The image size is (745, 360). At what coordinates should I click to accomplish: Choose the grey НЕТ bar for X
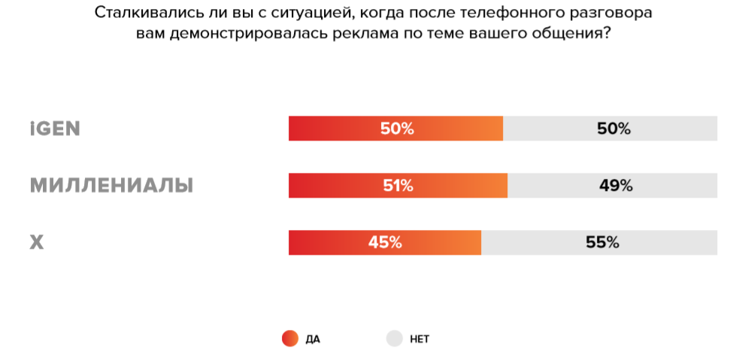point(662,243)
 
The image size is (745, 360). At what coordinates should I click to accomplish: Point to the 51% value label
point(398,186)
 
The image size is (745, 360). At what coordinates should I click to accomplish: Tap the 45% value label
point(385,243)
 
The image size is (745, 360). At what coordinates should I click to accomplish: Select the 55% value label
point(602,243)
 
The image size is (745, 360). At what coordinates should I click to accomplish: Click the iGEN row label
point(55,129)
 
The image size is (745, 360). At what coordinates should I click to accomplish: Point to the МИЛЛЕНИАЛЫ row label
point(111,186)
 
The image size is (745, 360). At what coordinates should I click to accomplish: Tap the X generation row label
point(37,243)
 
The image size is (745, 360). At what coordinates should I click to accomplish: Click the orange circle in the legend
point(290,339)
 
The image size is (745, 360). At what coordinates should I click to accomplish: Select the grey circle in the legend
point(395,339)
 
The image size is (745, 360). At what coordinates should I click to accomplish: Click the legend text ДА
point(313,340)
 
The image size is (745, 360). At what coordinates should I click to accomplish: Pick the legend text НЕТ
point(419,340)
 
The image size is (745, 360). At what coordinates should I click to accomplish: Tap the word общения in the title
point(571,34)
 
